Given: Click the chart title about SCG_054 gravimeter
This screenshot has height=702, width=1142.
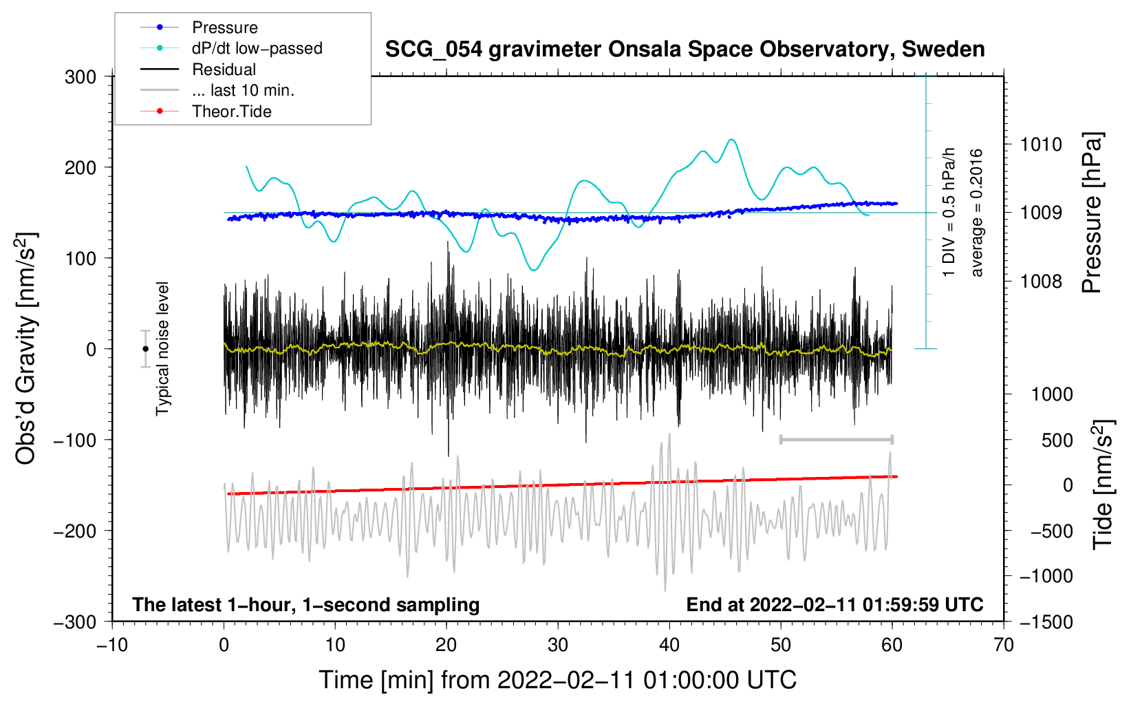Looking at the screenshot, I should [685, 50].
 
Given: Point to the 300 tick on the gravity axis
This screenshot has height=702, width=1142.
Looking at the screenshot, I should [81, 77].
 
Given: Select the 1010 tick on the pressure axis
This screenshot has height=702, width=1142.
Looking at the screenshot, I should [1041, 145].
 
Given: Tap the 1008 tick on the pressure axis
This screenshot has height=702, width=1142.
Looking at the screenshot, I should [1041, 281].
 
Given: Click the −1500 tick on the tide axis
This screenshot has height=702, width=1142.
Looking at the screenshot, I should [1046, 621].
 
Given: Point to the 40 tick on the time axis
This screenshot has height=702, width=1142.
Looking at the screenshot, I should [669, 645].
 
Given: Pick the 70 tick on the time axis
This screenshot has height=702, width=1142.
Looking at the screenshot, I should [1003, 645].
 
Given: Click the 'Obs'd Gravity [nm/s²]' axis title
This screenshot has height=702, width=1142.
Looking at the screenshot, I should [26, 349].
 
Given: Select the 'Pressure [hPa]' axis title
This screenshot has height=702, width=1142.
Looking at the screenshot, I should [1092, 213].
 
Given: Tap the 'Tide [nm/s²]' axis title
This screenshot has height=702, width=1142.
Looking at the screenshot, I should [1102, 485].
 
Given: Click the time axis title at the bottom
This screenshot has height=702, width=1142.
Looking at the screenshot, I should [557, 680].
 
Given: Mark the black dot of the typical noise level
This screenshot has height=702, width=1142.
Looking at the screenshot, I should [145, 349].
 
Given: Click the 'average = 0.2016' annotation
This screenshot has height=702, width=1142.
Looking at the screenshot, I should [976, 213].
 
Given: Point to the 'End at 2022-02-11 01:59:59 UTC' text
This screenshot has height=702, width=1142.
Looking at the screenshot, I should [834, 605].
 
